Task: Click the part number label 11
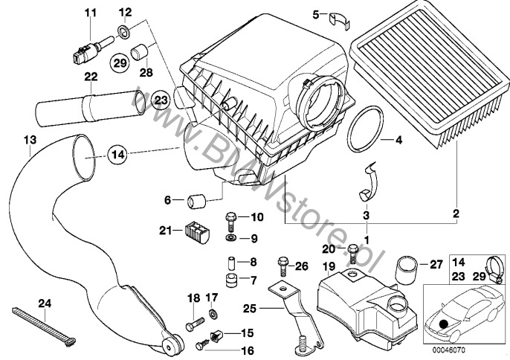90,12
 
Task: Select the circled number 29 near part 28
119,63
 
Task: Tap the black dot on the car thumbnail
444,324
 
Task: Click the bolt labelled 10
230,220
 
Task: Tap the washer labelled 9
230,239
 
